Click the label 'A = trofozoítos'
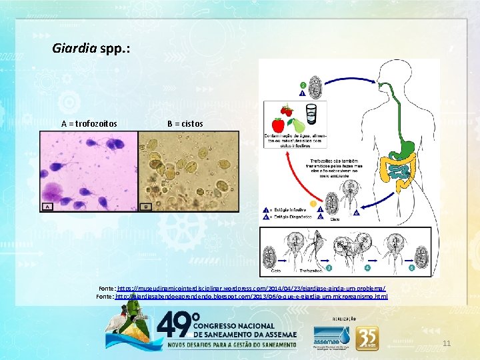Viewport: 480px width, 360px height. [x=89, y=123]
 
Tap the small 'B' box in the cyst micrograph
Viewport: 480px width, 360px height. [x=146, y=206]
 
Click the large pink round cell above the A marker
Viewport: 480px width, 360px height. [x=55, y=189]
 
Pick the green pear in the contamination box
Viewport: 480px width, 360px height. [x=299, y=125]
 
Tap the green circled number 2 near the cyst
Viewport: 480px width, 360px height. [x=303, y=85]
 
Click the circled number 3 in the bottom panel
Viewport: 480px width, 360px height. [x=329, y=268]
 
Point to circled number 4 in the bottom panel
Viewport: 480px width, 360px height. [x=367, y=268]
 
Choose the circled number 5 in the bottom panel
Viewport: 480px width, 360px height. [x=411, y=268]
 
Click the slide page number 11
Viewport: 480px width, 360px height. [x=447, y=343]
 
